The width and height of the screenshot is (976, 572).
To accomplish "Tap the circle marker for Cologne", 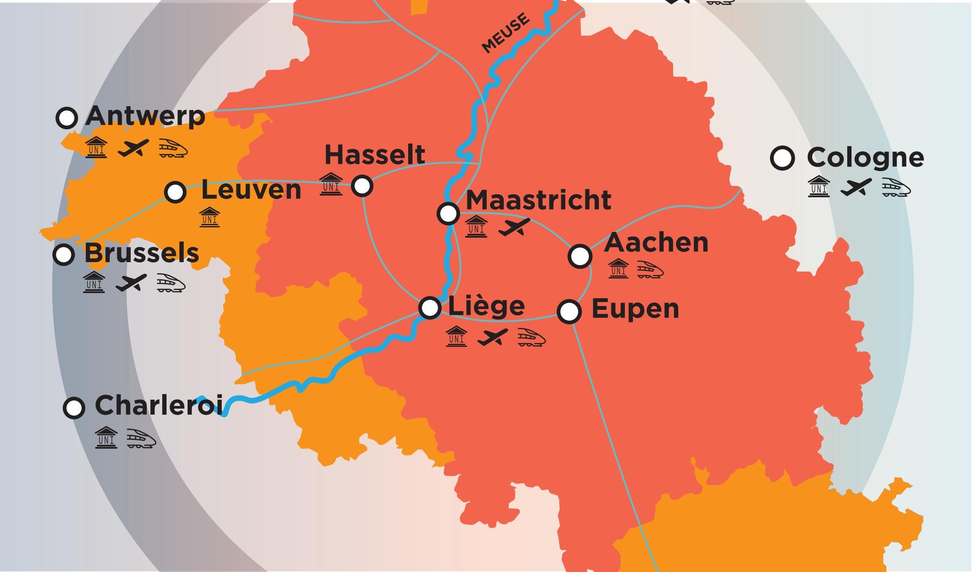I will coord(782,158).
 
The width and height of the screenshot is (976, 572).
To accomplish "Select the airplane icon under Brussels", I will coord(131,283).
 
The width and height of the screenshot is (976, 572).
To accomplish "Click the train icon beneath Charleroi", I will coord(141,438).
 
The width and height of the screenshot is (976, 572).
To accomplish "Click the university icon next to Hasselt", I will coord(331,184).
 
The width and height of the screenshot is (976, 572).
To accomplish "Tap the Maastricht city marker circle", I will coord(448,213).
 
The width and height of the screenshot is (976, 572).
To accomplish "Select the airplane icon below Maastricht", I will coord(514,226).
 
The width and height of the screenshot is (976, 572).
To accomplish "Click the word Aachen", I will coord(656,243).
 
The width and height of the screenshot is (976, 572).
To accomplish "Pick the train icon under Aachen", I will coord(650,269).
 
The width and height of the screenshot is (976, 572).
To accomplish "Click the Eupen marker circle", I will coord(569,311).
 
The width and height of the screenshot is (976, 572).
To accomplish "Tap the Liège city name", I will coord(486,306).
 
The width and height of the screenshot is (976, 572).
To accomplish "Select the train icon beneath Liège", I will coord(531,337).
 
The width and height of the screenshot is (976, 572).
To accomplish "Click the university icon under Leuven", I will coord(209,217).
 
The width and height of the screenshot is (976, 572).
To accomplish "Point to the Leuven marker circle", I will coord(175,192).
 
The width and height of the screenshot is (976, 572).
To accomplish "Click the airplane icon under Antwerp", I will coord(133,148).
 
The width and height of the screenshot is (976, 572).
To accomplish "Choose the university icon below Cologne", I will coord(818,187).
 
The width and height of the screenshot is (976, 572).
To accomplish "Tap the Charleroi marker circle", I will coord(73,407).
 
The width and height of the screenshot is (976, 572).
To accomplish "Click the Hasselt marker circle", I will coord(362,186).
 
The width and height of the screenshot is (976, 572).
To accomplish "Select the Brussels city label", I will coord(142,253).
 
